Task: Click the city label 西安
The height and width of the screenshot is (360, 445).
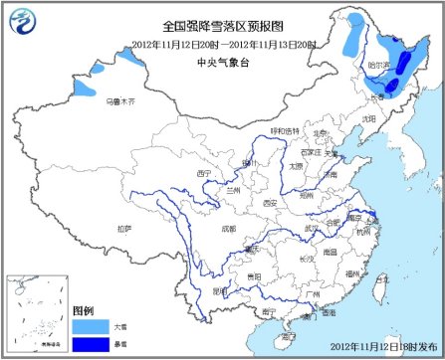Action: pos(269,204)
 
